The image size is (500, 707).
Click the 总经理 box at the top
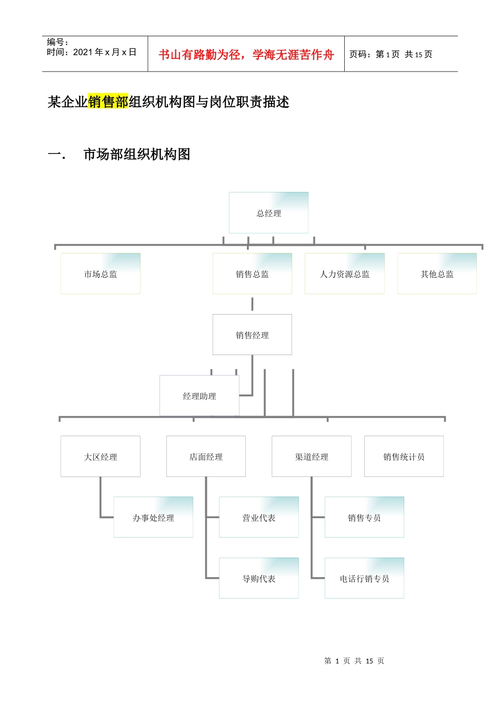coord(268,213)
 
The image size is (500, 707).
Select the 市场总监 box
coord(100,274)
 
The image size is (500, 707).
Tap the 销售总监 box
coord(252,274)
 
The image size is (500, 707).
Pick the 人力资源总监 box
coord(344,274)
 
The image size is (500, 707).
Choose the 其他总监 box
coord(437,274)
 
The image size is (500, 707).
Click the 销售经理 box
coord(252,335)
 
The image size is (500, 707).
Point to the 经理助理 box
coord(199,396)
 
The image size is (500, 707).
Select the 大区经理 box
coord(100,457)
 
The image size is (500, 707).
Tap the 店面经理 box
coord(206,457)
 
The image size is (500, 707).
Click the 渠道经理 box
coord(311,457)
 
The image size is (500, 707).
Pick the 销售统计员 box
coord(404,457)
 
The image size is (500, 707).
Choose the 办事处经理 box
coord(153,518)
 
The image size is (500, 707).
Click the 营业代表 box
coord(258,518)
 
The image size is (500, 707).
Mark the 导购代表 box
coord(258,579)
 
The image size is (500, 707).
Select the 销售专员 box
coord(364,518)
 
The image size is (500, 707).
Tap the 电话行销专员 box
coord(364,579)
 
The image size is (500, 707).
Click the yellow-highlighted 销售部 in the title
coord(108,102)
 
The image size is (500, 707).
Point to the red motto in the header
coord(246,55)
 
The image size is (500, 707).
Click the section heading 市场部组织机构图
coord(136,155)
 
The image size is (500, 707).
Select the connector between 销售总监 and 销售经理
coord(252,304)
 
